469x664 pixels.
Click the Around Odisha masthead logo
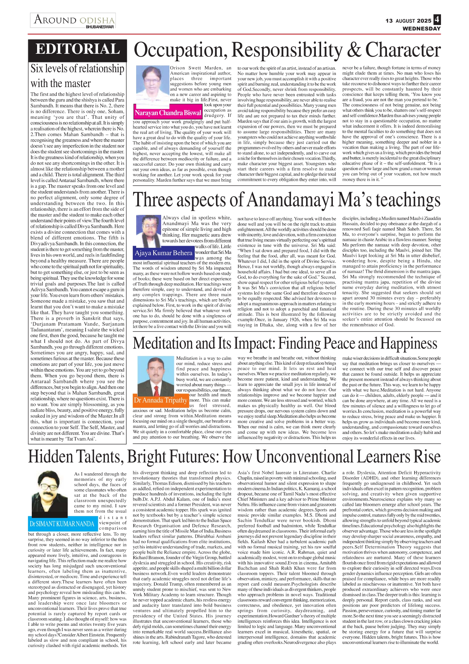(73, 20)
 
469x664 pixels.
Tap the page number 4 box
(437, 19)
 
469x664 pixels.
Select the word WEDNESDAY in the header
(421, 29)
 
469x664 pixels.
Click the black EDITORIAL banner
(78, 50)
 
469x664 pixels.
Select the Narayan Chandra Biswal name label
(168, 113)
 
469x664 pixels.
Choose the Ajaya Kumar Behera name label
(163, 253)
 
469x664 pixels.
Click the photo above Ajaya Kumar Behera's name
(148, 230)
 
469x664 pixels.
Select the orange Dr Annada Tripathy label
(160, 400)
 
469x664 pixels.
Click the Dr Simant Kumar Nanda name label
(62, 524)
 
